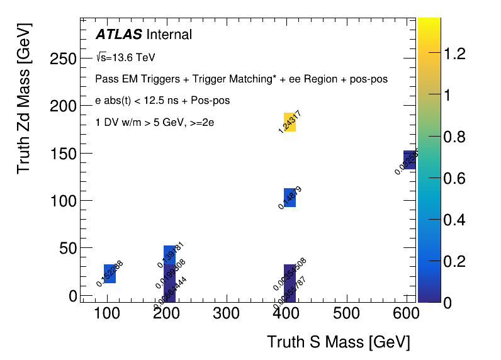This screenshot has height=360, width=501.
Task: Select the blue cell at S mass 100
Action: pos(110,274)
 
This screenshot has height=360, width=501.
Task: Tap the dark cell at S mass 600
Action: pos(410,160)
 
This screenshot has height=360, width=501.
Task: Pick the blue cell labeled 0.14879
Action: pos(290,198)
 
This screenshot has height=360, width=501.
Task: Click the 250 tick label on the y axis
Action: pos(63,59)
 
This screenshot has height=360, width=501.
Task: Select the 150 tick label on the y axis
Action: pos(63,154)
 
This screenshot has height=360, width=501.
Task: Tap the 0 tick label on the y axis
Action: pos(73,296)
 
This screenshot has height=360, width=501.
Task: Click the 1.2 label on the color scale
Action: pos(454,55)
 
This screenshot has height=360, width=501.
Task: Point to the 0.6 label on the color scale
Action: pos(454,179)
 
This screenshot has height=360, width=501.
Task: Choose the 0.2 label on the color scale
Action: pos(454,261)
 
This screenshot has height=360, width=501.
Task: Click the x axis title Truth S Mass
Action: pos(338,342)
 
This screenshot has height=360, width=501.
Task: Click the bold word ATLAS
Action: pos(118,35)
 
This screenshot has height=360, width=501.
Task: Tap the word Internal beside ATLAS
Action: pos(169,35)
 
